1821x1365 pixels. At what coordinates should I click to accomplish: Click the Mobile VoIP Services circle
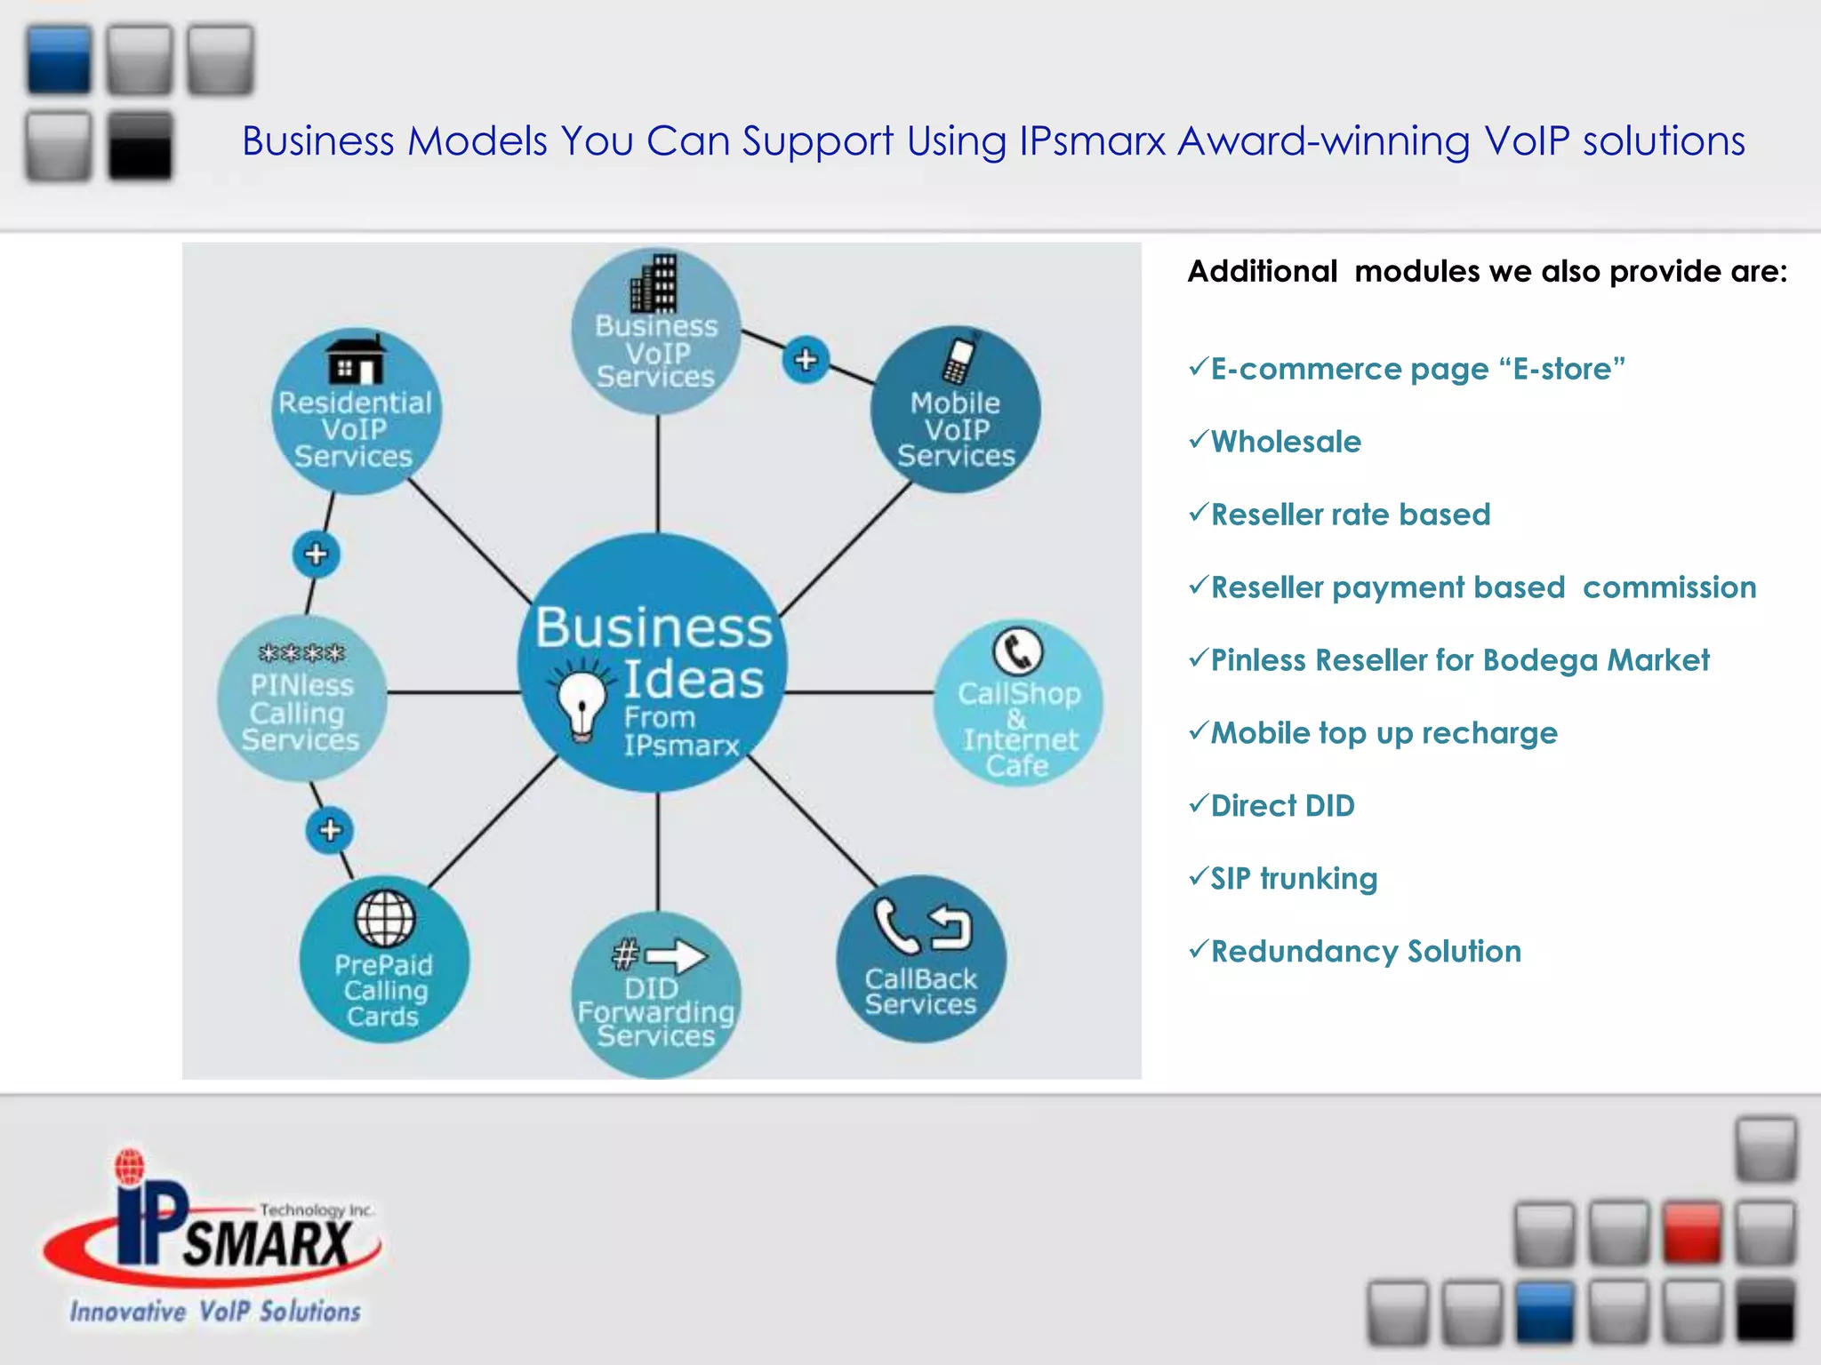[956, 411]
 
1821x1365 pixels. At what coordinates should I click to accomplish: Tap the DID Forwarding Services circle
[656, 995]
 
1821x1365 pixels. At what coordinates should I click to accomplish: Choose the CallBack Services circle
[921, 960]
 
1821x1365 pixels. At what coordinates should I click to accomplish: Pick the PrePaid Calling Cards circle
[384, 960]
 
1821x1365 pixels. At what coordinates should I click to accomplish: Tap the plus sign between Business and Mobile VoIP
[806, 360]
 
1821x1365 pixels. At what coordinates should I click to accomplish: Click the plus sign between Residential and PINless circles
[316, 555]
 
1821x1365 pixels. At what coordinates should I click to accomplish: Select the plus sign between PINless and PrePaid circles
[330, 830]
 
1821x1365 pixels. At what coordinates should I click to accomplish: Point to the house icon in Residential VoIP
[356, 361]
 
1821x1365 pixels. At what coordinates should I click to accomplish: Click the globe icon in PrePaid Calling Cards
[384, 918]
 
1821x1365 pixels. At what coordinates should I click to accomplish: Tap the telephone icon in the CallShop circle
[1017, 652]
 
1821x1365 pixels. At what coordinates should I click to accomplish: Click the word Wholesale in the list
[1286, 442]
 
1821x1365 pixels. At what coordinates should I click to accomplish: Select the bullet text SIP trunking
[1294, 879]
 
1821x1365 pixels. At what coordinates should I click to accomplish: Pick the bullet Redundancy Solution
[1366, 952]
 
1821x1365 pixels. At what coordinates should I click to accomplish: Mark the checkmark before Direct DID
[1199, 803]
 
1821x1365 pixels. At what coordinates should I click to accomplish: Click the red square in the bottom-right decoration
[1692, 1232]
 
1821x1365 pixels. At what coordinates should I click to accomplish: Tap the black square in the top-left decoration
[140, 146]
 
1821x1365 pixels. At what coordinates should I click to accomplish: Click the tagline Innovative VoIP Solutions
[216, 1312]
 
